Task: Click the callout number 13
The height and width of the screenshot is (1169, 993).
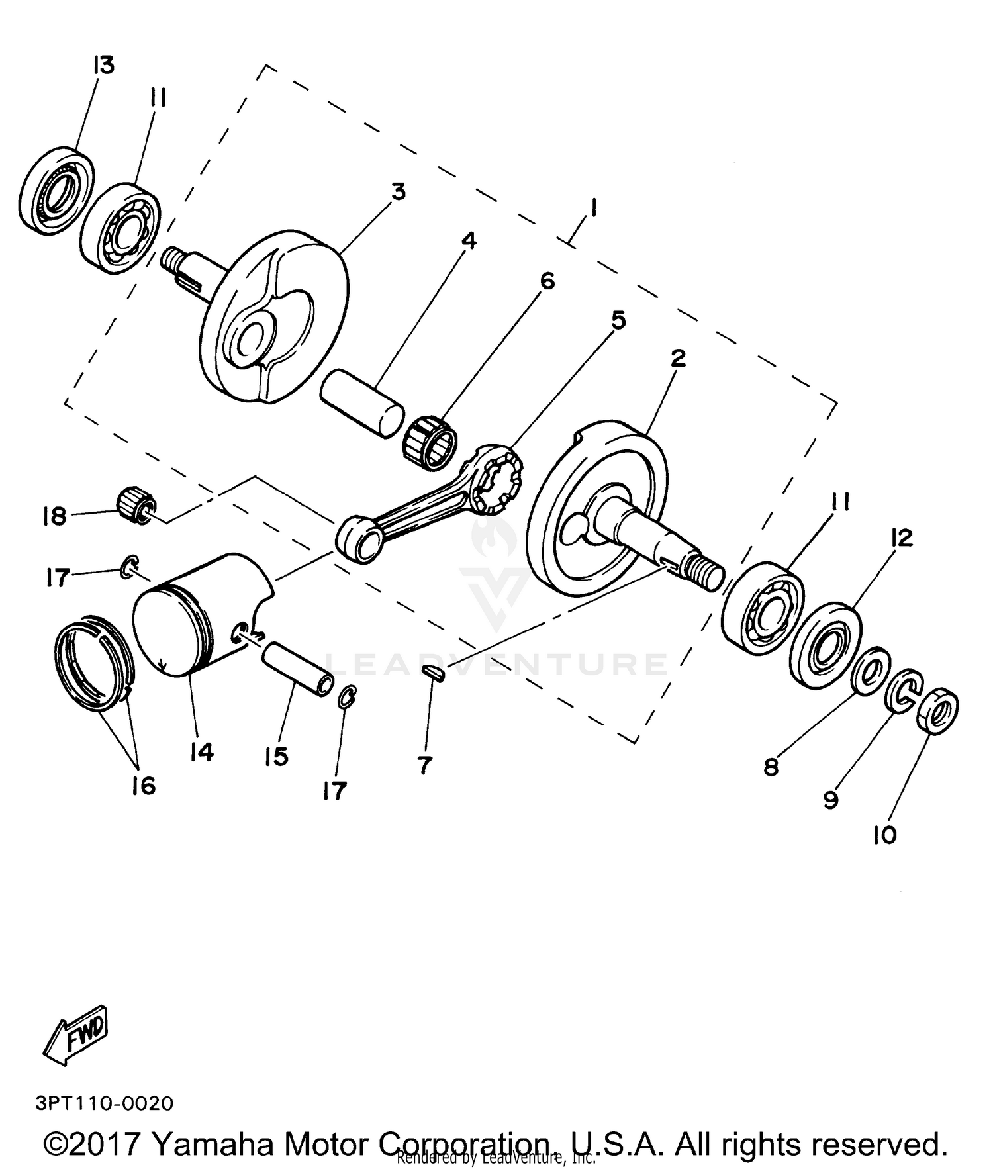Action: [103, 66]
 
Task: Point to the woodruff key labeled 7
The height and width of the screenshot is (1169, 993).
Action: [434, 672]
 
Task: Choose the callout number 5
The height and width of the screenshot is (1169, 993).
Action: [617, 321]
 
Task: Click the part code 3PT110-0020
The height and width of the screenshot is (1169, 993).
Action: [105, 1103]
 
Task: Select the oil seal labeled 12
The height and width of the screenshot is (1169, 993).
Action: [827, 639]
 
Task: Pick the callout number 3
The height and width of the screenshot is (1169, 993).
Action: [398, 192]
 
